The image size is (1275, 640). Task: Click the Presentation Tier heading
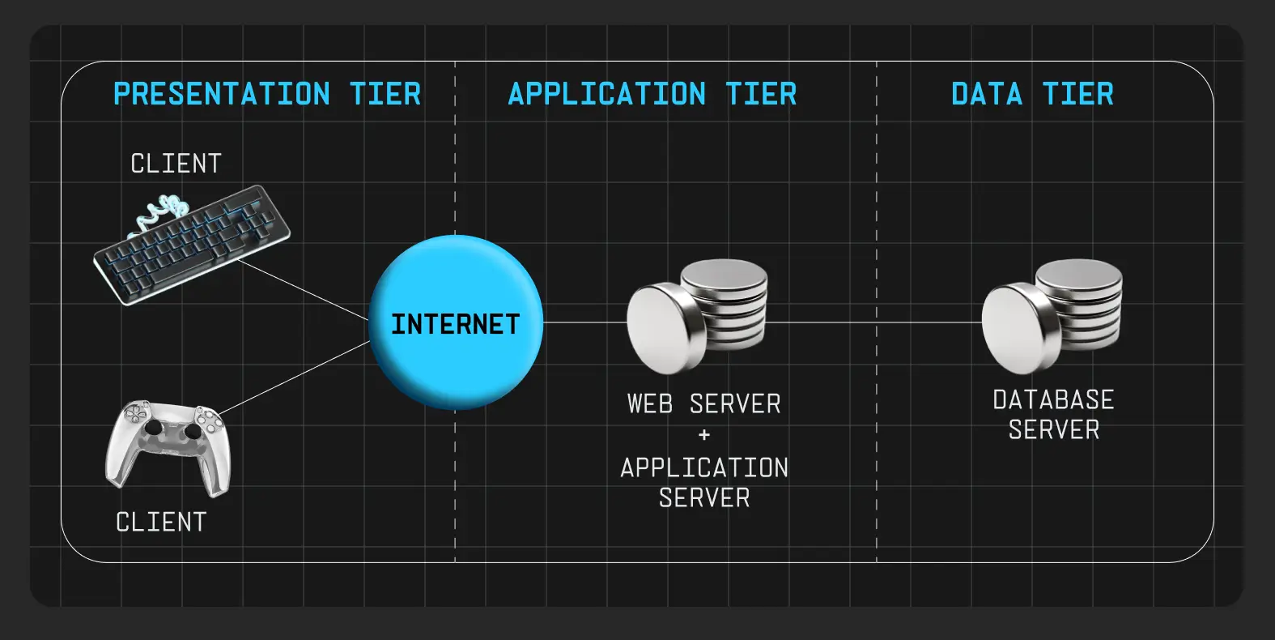[267, 94]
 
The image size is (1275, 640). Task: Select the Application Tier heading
[652, 94]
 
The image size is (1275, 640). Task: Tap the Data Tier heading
[1032, 94]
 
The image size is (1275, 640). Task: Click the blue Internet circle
[456, 322]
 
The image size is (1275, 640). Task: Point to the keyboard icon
[193, 246]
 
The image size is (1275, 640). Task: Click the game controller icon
[168, 446]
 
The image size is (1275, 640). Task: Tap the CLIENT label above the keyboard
[176, 164]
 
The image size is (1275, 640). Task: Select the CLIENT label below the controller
[161, 523]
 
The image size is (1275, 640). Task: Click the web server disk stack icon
[697, 316]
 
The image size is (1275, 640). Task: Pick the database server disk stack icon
[1052, 316]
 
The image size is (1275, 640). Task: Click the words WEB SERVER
[703, 403]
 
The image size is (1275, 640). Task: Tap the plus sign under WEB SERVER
[704, 435]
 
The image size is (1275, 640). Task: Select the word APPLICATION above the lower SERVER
[704, 467]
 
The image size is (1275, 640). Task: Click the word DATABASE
[1053, 399]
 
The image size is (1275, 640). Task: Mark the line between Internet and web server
[584, 322]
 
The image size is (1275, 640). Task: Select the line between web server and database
[874, 322]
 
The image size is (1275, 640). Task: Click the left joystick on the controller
[151, 426]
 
